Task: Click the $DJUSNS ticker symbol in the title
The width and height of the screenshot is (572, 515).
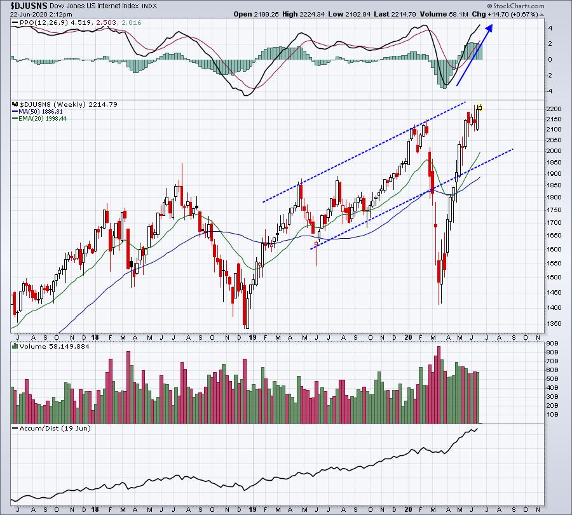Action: [x=29, y=6]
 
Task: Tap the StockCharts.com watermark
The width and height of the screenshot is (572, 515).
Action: [x=516, y=6]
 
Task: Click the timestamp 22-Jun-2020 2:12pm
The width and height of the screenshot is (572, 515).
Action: [x=41, y=15]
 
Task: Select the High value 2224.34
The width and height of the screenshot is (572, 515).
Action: [x=312, y=14]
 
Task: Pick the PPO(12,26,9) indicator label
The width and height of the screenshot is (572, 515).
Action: [x=44, y=23]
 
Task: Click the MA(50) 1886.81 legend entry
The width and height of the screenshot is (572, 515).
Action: [x=41, y=112]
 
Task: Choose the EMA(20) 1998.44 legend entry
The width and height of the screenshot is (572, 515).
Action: [x=43, y=119]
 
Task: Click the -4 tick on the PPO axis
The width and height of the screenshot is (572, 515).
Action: [x=549, y=91]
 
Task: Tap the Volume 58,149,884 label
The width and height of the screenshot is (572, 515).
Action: [x=55, y=346]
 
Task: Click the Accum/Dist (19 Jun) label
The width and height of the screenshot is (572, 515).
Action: [x=55, y=428]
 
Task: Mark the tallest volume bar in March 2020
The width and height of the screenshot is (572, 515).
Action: [x=439, y=385]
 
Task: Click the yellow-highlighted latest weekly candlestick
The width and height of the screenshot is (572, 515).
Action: [x=480, y=107]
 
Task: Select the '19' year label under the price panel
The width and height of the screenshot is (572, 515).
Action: [x=252, y=337]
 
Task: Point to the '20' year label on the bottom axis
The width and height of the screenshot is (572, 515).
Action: [x=409, y=509]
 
